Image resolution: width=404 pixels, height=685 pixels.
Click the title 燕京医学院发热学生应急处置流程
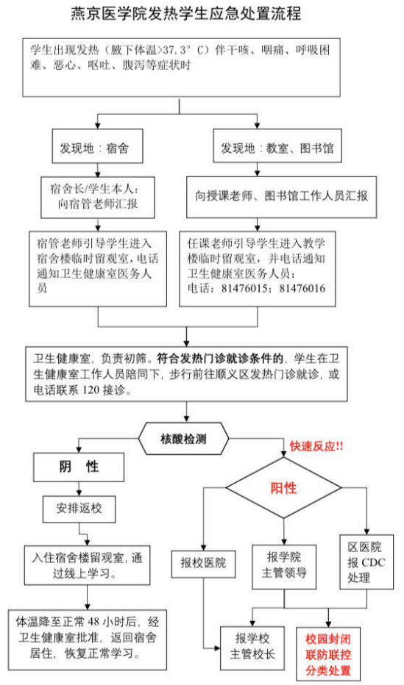[x=186, y=13]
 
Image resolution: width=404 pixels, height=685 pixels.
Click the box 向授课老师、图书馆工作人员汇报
[x=282, y=197]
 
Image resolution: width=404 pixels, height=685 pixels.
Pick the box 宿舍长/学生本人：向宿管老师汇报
[x=98, y=197]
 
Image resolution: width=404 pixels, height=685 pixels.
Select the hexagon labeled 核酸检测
[x=184, y=438]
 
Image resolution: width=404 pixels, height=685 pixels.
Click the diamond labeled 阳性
[x=283, y=488]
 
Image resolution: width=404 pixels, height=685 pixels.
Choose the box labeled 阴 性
[x=79, y=467]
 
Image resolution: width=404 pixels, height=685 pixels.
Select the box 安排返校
[x=79, y=509]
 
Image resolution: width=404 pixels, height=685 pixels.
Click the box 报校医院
[x=203, y=564]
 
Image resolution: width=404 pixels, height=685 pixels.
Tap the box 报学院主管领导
[x=284, y=567]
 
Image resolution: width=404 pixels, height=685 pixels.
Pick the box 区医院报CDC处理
[x=366, y=562]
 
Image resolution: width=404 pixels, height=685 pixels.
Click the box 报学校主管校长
[x=252, y=648]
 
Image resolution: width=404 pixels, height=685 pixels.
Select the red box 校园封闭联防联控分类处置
[x=328, y=654]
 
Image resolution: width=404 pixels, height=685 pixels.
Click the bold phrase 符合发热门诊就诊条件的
[x=220, y=359]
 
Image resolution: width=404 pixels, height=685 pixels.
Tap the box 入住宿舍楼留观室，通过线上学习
[x=88, y=565]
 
